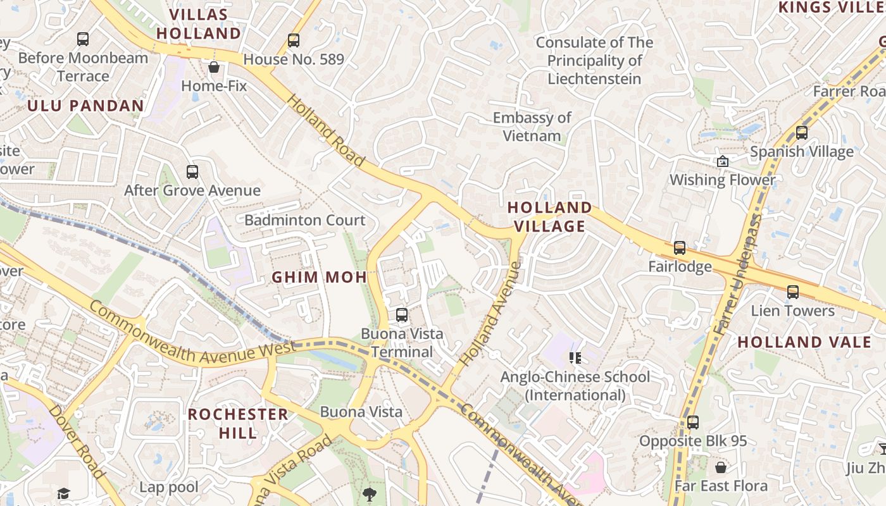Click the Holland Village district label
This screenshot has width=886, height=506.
549,216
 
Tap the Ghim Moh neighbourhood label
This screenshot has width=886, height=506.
320,277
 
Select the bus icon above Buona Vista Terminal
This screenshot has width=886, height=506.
402,314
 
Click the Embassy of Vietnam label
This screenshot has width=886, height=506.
532,126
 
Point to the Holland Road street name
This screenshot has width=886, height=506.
326,131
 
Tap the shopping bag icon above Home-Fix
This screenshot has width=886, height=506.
214,66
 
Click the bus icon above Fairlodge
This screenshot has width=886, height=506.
680,247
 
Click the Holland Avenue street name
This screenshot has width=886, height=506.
490,314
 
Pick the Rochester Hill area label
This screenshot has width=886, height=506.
238,423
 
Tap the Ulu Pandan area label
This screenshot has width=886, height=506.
85,106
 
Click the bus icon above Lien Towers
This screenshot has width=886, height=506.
792,292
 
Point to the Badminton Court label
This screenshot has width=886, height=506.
305,220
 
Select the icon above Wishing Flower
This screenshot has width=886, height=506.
722,161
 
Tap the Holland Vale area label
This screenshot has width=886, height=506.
804,342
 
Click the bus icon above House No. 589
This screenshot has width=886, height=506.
294,40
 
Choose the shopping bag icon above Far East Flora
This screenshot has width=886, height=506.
720,467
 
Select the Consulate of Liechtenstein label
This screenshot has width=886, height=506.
594,61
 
